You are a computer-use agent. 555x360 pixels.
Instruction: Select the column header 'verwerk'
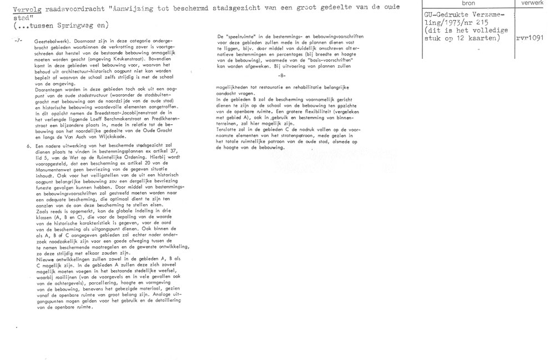click(x=533, y=3)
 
